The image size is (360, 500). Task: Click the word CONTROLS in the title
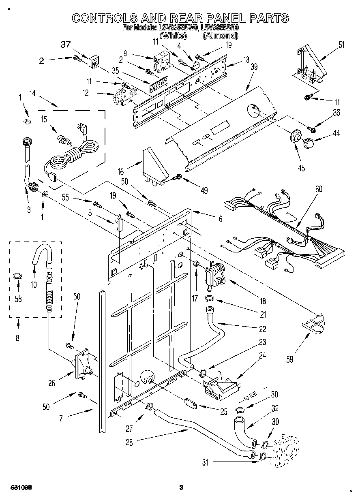[105, 18]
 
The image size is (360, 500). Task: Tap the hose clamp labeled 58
[18, 277]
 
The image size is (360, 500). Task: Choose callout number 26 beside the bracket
[51, 382]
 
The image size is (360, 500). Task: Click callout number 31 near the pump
[205, 462]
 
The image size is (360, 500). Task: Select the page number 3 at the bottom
[181, 487]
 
